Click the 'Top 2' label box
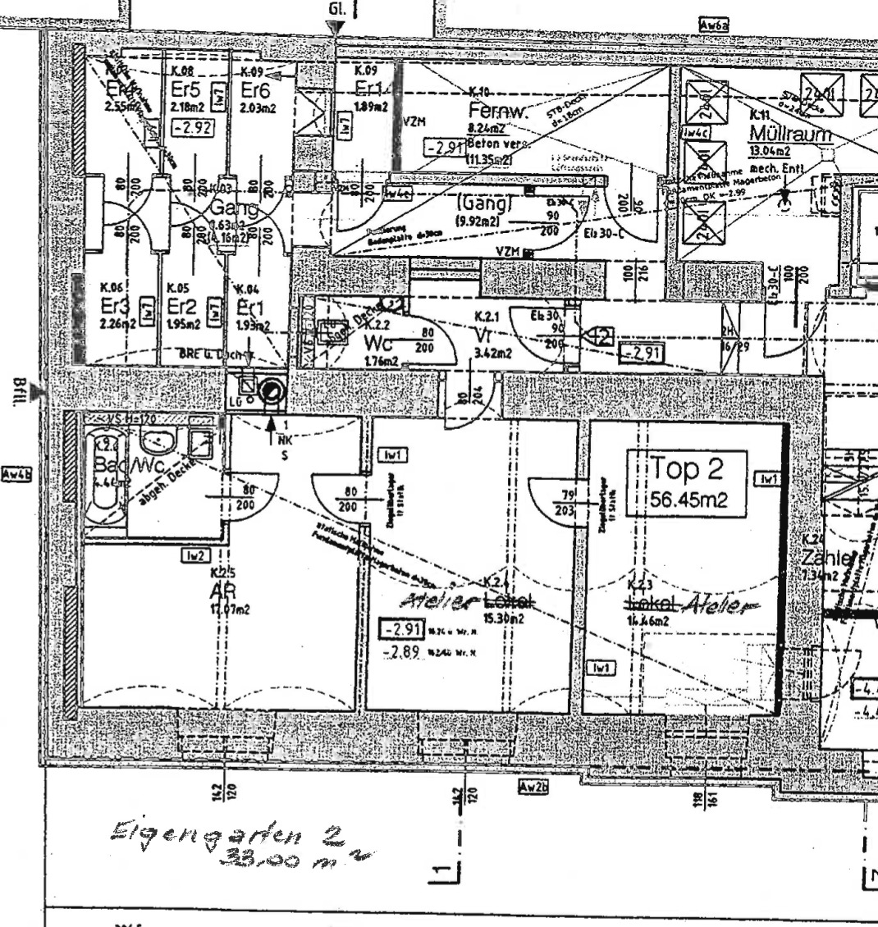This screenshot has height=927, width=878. coord(687,483)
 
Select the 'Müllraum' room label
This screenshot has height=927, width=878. coord(790,134)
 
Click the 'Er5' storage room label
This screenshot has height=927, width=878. coord(185,88)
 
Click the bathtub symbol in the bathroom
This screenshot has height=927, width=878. coord(101,477)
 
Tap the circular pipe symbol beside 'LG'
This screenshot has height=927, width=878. coord(270,394)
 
